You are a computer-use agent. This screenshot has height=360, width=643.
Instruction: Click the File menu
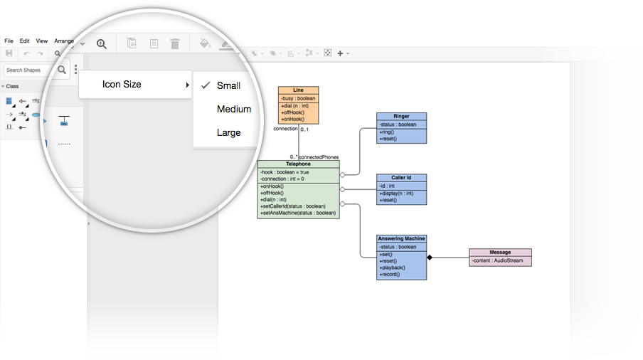click(9, 41)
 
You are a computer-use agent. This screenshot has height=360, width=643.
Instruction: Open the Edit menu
click(25, 41)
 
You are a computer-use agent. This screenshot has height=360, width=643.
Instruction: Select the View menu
click(42, 41)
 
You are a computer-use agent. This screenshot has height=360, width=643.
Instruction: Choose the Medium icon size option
click(234, 109)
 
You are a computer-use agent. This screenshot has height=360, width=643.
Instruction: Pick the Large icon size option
click(229, 133)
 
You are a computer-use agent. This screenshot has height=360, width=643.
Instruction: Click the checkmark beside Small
click(206, 85)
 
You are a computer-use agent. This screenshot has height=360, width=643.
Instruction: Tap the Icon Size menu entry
click(122, 85)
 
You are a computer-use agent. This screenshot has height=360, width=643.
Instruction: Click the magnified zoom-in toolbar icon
click(102, 44)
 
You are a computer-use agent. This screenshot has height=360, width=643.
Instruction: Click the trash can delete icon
click(175, 43)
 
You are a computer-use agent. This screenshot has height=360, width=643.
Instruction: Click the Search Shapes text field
click(28, 70)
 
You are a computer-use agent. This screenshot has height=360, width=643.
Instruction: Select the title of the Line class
click(299, 90)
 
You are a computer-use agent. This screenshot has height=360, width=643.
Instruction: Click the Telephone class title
click(299, 164)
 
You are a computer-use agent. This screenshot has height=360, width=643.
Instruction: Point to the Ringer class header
click(401, 117)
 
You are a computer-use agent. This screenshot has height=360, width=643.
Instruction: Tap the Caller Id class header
click(401, 178)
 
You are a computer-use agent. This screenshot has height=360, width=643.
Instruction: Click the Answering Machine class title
click(401, 238)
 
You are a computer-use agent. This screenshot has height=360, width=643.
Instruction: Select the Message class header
click(500, 253)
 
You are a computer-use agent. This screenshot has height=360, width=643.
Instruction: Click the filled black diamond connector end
click(430, 258)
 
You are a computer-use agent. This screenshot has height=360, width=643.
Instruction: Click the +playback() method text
click(393, 268)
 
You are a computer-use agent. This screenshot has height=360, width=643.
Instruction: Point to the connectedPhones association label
click(319, 157)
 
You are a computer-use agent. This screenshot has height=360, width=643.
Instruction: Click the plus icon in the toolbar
click(340, 53)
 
